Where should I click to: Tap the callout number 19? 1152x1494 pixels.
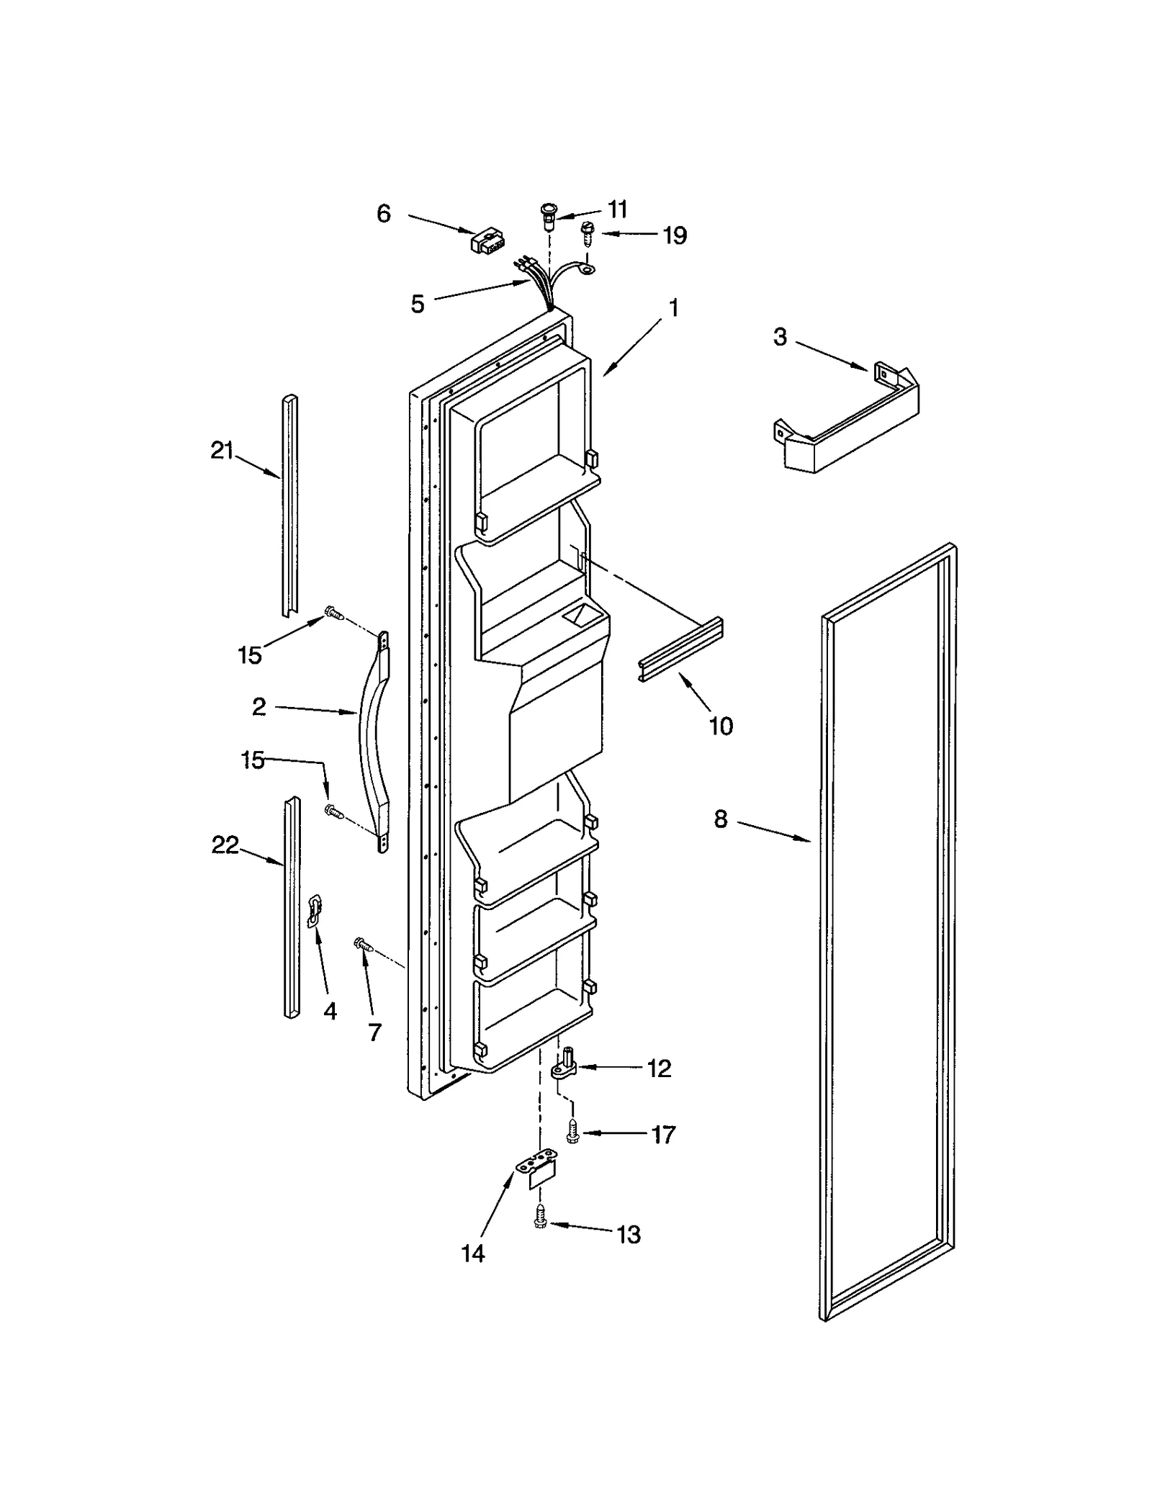pyautogui.click(x=675, y=235)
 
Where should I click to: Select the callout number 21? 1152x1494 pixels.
pyautogui.click(x=222, y=451)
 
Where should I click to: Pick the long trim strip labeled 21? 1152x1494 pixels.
pyautogui.click(x=289, y=504)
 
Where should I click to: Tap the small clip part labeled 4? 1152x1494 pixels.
pyautogui.click(x=314, y=910)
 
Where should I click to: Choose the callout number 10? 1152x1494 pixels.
pyautogui.click(x=721, y=726)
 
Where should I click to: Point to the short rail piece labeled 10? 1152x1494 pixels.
pyautogui.click(x=680, y=648)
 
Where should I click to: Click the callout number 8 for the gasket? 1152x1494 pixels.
pyautogui.click(x=721, y=819)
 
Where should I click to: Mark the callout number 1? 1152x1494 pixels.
pyautogui.click(x=673, y=308)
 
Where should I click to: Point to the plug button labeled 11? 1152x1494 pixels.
pyautogui.click(x=549, y=215)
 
